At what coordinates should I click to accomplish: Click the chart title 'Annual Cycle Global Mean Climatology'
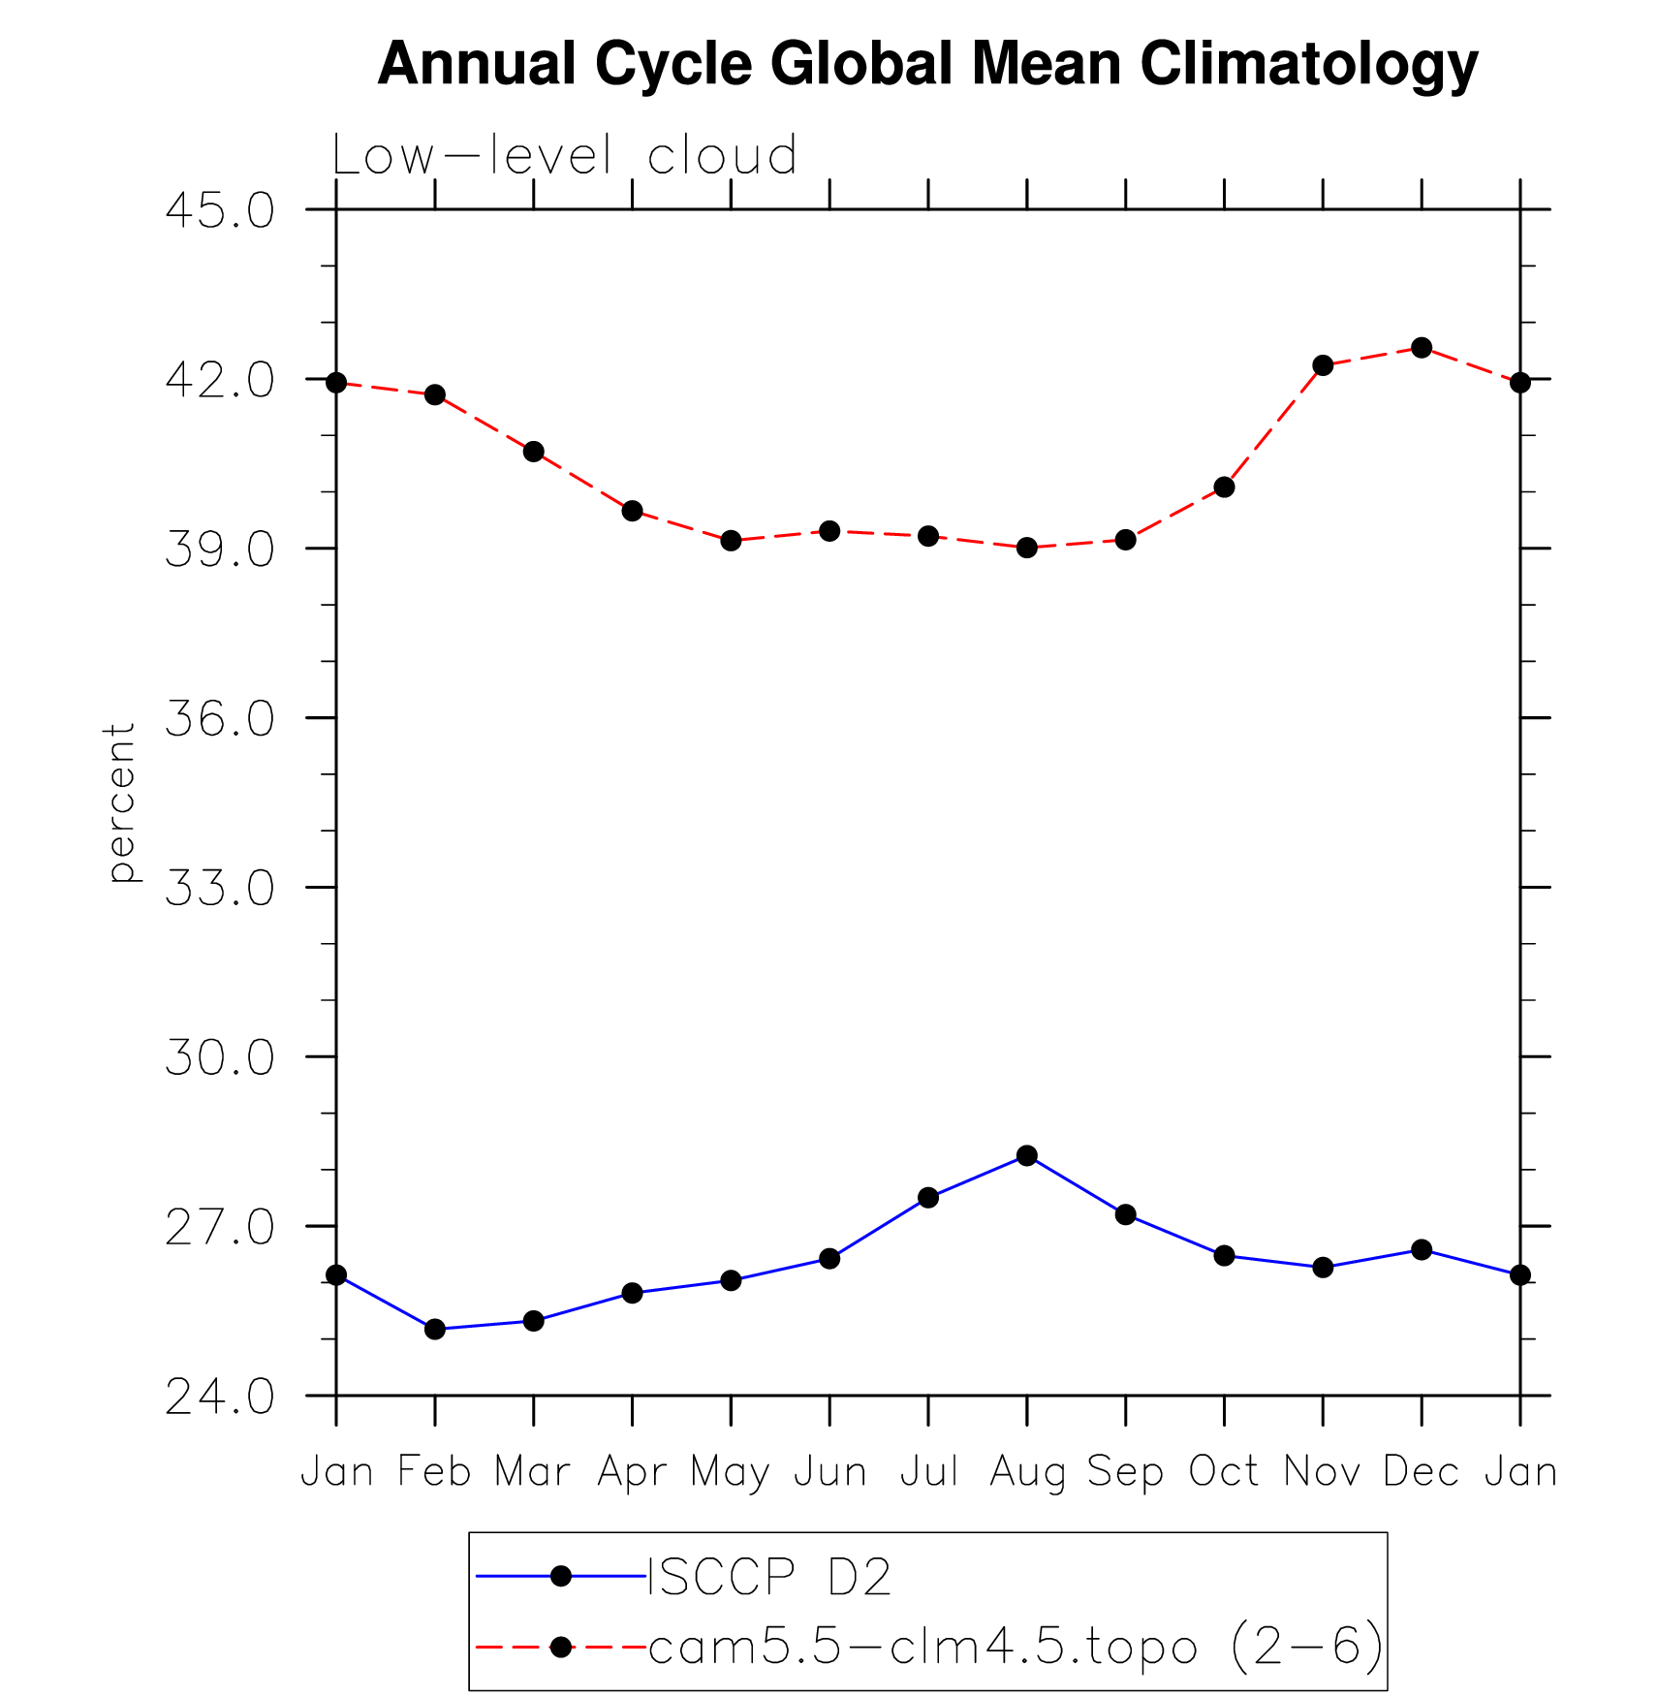[x=927, y=64]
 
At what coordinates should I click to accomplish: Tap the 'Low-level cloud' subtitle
[x=564, y=155]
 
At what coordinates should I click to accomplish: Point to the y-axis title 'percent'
[x=120, y=801]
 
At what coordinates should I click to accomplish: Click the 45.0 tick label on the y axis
[x=220, y=210]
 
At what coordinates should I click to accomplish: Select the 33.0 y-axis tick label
[x=220, y=888]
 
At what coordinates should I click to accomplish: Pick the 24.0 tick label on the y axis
[x=220, y=1398]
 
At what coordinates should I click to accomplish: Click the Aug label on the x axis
[x=1027, y=1472]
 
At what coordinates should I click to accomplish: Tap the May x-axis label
[x=731, y=1472]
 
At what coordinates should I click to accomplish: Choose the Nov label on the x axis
[x=1323, y=1472]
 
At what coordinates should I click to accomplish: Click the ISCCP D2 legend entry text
[x=768, y=1577]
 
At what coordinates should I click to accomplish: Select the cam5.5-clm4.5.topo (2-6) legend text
[x=1016, y=1647]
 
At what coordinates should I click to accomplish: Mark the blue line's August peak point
[x=1027, y=1155]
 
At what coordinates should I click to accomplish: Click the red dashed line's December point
[x=1422, y=348]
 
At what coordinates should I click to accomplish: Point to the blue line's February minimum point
[x=435, y=1329]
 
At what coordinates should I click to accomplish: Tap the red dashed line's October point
[x=1224, y=487]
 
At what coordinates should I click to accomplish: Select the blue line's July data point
[x=928, y=1198]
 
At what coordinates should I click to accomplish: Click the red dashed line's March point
[x=534, y=452]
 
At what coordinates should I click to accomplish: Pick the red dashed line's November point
[x=1323, y=365]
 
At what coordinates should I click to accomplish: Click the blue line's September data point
[x=1125, y=1214]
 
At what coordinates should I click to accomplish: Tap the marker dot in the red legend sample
[x=560, y=1647]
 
